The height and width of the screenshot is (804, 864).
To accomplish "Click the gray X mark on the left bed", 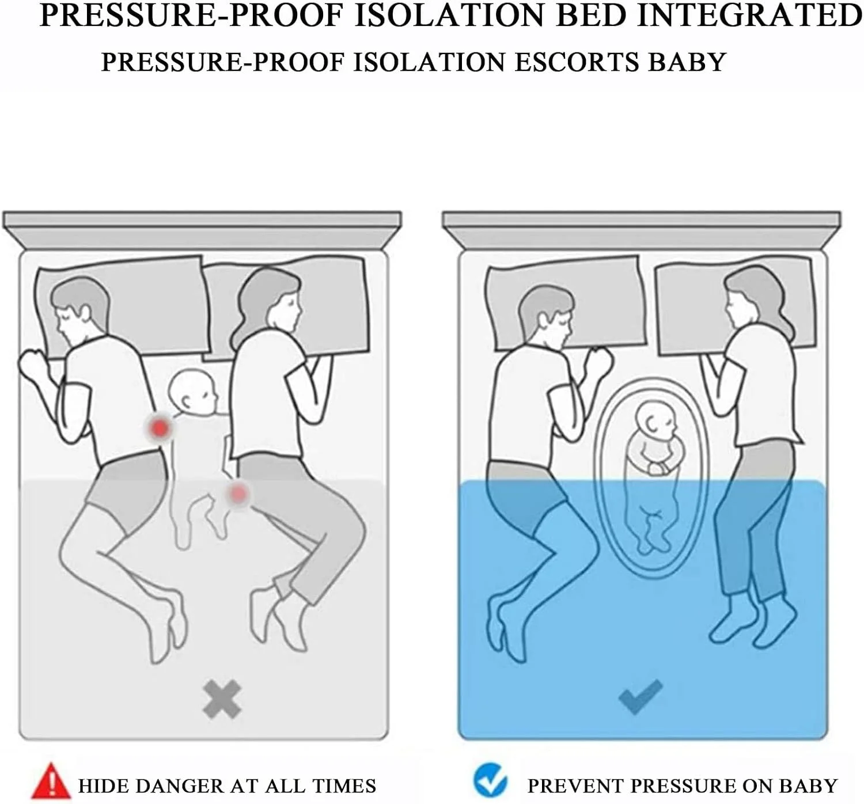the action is [x=222, y=699].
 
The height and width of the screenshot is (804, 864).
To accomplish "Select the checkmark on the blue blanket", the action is [x=641, y=697].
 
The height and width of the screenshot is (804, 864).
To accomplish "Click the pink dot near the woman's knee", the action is [x=237, y=494].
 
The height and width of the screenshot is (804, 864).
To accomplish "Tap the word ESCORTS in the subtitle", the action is [x=577, y=62].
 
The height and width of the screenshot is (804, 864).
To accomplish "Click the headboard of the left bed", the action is [x=202, y=230].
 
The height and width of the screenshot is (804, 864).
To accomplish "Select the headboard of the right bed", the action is [x=642, y=230].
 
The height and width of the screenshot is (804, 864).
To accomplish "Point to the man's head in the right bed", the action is [x=545, y=316].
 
